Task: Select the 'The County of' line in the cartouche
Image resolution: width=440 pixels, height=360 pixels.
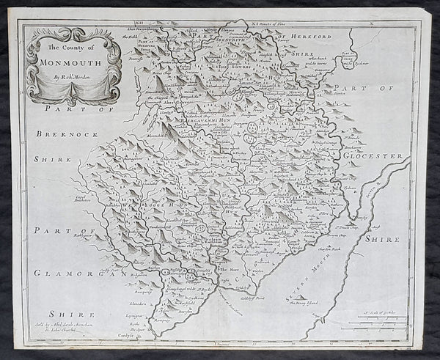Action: click(72, 48)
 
